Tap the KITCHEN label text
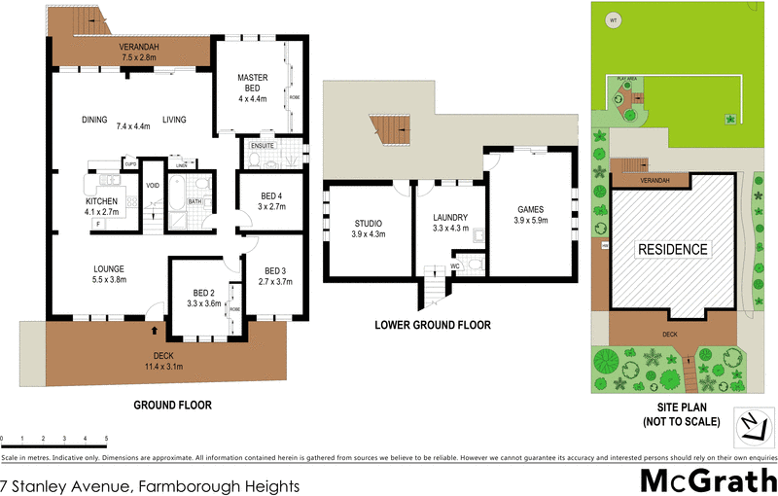coord(101,201)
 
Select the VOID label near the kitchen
coord(153,186)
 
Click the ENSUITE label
coord(263,146)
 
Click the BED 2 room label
coord(203,293)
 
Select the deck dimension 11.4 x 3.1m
coord(162,368)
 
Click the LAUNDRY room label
coord(450,218)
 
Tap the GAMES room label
coord(530,209)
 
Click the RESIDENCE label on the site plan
coord(671,249)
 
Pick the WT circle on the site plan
coord(613,19)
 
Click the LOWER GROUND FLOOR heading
coord(433,326)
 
